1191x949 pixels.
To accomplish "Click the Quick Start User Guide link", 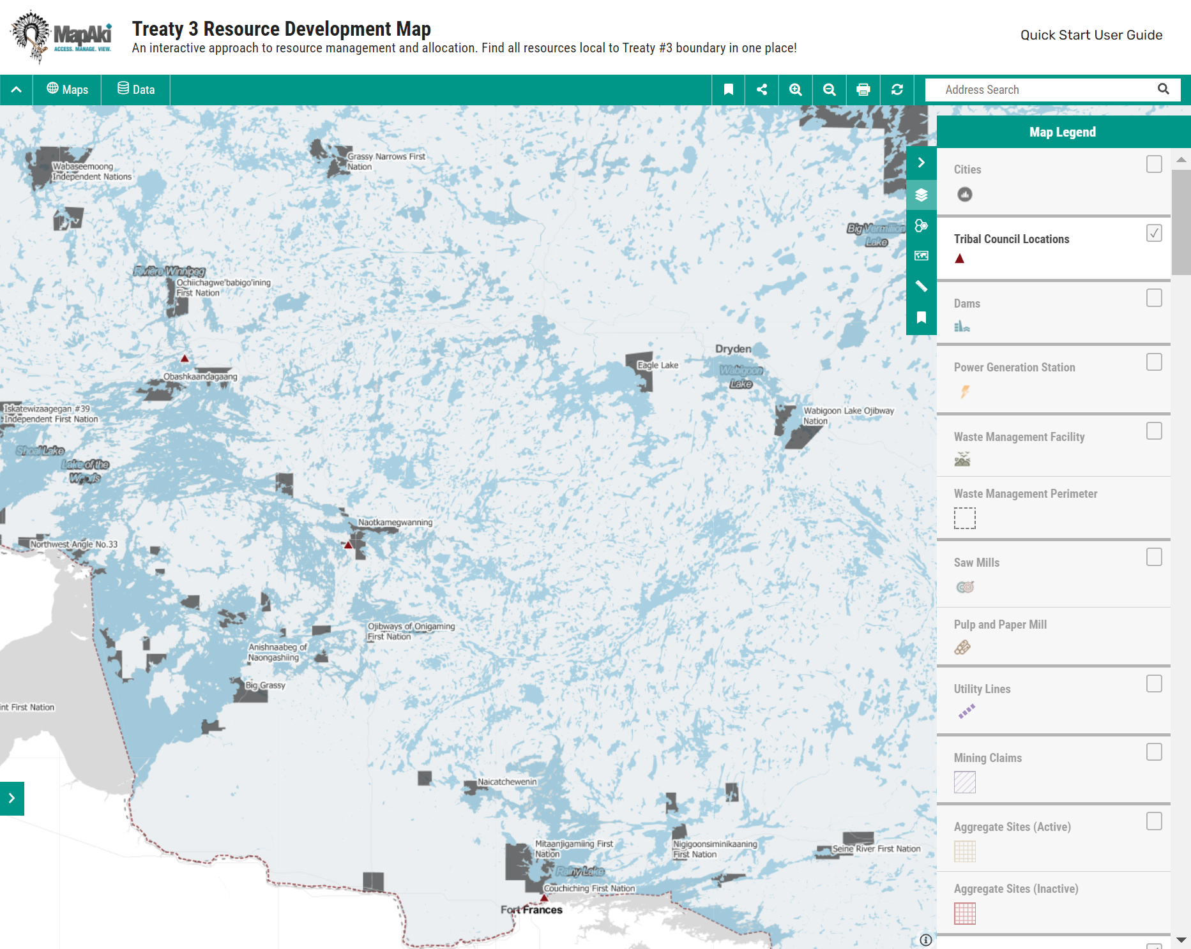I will tap(1091, 35).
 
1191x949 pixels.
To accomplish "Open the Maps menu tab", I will tap(68, 90).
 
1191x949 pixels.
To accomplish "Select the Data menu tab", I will tap(136, 90).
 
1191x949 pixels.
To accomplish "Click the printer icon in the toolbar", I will tap(863, 90).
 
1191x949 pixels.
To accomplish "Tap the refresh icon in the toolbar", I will tap(897, 90).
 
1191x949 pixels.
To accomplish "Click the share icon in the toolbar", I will tap(762, 90).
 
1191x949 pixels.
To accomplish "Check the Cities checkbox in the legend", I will tap(1153, 165).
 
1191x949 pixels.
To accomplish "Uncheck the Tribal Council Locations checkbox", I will tap(1153, 234).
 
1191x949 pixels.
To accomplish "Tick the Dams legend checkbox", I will tap(1153, 298).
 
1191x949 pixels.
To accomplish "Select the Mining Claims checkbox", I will tap(1153, 752).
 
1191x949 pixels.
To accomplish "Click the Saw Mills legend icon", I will tap(965, 587).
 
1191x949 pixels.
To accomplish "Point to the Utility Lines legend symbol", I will tap(966, 711).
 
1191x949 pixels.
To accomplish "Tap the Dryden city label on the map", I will tap(733, 349).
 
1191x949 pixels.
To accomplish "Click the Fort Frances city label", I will tap(531, 910).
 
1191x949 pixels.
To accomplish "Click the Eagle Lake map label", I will tap(658, 366).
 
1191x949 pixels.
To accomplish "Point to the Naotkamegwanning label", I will tap(395, 523).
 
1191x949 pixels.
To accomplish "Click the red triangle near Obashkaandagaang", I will tap(185, 359).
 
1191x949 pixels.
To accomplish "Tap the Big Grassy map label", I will tap(266, 685).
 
